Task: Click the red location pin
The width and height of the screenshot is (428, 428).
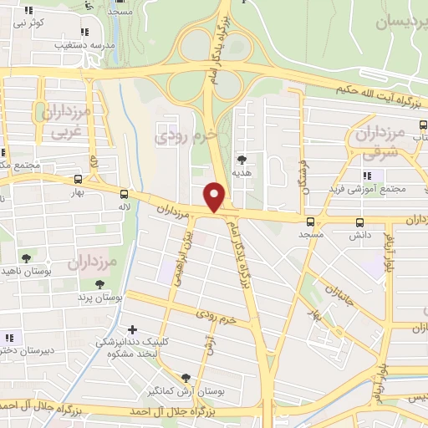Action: pyautogui.click(x=215, y=196)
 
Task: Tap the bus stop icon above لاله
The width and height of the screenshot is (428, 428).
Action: pyautogui.click(x=125, y=191)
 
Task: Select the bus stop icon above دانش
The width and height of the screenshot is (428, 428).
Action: pyautogui.click(x=360, y=222)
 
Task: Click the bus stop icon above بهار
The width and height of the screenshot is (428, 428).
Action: pyautogui.click(x=79, y=179)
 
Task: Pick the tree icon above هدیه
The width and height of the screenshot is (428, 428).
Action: pyautogui.click(x=242, y=159)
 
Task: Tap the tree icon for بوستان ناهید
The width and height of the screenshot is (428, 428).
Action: pyautogui.click(x=27, y=257)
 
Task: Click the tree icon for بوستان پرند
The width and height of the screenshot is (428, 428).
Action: pyautogui.click(x=100, y=284)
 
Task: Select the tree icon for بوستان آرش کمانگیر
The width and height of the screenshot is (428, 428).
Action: pyautogui.click(x=186, y=378)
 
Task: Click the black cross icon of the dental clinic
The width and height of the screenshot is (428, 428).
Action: pyautogui.click(x=132, y=329)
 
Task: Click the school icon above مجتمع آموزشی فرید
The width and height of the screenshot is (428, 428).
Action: pyautogui.click(x=366, y=175)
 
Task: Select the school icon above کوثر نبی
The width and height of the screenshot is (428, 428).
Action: pyautogui.click(x=28, y=10)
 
